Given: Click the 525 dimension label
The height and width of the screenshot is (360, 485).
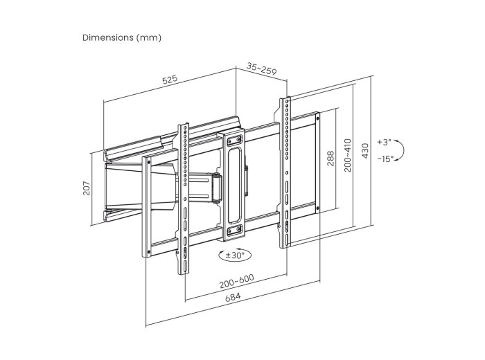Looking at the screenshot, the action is pos(170,80).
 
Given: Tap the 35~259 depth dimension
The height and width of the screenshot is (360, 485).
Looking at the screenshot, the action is pos(262,69).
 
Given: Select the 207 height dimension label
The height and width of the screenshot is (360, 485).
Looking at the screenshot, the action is pos(87,188).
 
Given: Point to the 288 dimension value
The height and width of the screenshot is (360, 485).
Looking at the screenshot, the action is pos(330,159).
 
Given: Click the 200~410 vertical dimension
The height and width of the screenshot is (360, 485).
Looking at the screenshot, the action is pos(348,155).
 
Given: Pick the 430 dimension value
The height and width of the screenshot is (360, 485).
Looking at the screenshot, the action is pos(365,151).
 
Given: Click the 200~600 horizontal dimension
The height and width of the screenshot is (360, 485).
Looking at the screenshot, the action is pos(237,281).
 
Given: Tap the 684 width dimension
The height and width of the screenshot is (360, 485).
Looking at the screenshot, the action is pos(233,297).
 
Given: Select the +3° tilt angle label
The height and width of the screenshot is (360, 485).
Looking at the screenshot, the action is pos(384,142).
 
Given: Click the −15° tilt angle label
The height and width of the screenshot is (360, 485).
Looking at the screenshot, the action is pos(385,159).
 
